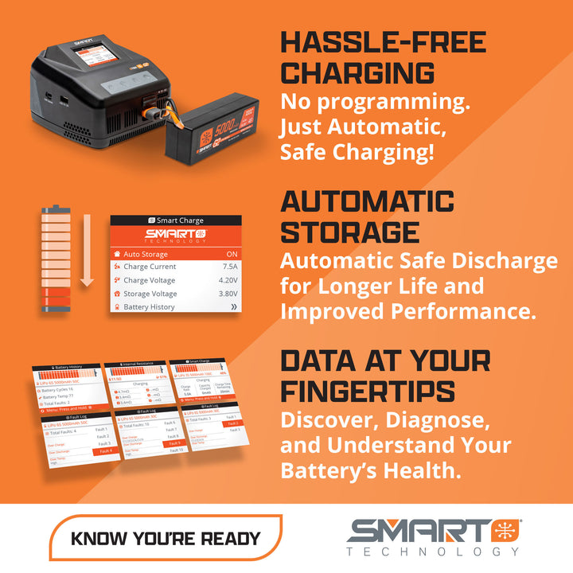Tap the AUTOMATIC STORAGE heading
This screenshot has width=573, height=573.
click(x=367, y=216)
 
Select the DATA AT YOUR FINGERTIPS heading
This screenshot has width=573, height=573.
click(x=385, y=375)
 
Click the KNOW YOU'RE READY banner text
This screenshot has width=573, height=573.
click(x=166, y=538)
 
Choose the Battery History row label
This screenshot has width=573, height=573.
click(x=149, y=307)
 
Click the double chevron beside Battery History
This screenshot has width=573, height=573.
click(x=233, y=307)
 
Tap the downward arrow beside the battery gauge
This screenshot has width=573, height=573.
click(x=88, y=247)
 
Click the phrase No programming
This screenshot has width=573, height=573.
click(x=373, y=103)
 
